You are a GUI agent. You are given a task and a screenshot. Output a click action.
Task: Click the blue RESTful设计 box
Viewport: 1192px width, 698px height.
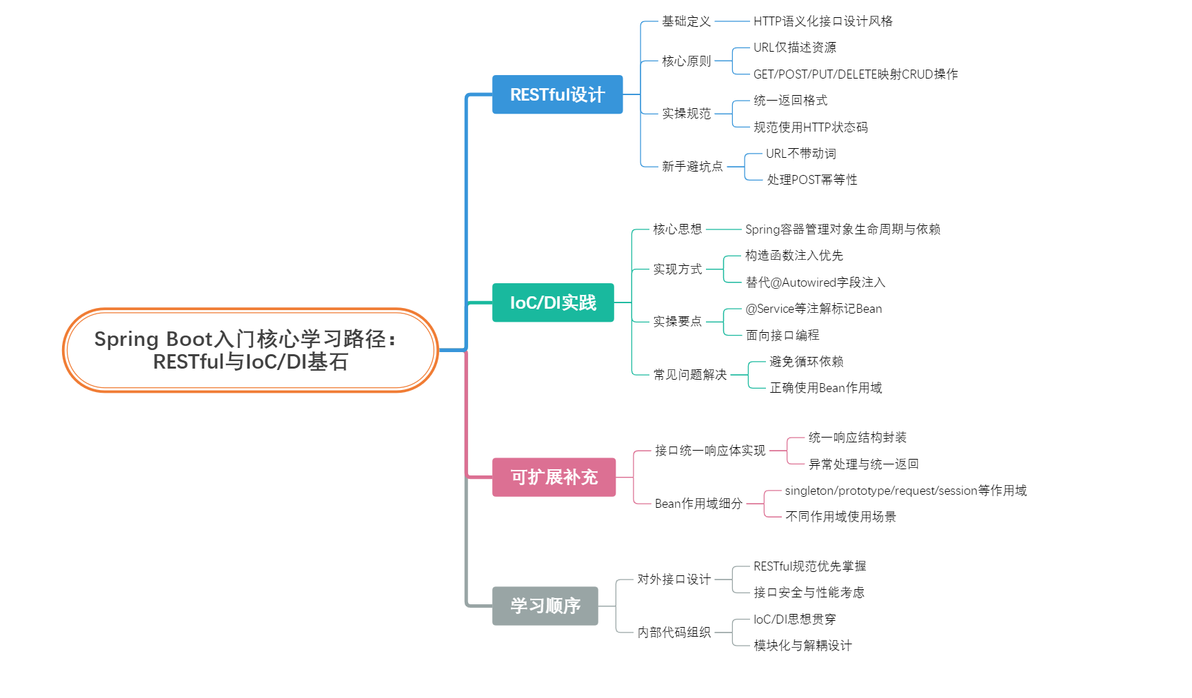557,94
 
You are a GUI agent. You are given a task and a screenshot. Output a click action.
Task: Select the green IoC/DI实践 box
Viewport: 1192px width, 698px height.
552,302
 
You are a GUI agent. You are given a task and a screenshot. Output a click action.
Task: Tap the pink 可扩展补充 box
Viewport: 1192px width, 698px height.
554,477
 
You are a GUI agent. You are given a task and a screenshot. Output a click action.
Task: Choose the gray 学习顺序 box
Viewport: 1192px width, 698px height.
545,606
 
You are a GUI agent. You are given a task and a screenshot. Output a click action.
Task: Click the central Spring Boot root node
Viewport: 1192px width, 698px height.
250,350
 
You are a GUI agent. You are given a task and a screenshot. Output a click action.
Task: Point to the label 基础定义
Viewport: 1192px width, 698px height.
686,21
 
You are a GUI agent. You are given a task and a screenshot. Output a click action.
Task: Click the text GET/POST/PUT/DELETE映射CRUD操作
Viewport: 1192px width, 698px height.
855,74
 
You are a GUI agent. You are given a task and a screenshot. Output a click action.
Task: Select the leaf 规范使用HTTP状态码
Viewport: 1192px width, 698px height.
810,127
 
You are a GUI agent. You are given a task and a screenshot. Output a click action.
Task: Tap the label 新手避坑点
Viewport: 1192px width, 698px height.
692,167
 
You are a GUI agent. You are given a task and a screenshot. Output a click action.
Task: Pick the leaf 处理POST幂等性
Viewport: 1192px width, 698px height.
811,180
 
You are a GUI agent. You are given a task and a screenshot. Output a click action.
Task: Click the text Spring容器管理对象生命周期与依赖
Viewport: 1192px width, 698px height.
842,229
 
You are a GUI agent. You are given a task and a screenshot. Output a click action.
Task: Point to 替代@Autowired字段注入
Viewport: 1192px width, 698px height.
815,283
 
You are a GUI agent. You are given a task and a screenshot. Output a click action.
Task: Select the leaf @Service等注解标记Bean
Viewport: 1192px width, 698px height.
814,309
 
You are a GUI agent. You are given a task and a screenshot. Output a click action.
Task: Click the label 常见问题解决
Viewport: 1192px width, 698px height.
689,375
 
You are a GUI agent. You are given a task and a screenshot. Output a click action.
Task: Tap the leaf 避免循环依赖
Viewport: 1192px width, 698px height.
806,362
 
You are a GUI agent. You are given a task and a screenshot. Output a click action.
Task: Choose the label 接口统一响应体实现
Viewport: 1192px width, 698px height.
709,451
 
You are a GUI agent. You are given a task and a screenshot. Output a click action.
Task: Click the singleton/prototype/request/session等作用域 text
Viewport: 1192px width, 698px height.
905,491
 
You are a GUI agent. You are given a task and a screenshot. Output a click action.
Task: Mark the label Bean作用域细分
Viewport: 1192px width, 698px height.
698,504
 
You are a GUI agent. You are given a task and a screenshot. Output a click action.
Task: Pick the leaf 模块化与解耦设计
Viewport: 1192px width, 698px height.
802,646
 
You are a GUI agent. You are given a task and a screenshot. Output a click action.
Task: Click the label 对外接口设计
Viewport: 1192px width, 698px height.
674,579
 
